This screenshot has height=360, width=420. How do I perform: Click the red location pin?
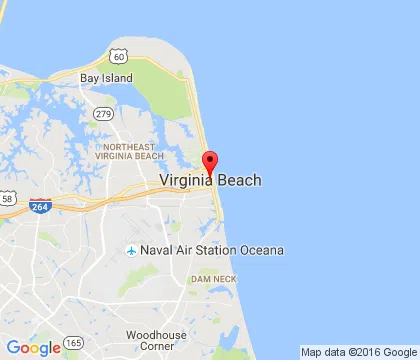point(210,163)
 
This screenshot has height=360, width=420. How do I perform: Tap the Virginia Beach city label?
point(210,181)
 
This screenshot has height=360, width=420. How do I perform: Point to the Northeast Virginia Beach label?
point(129,151)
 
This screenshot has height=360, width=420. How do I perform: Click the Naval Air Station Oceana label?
point(212,250)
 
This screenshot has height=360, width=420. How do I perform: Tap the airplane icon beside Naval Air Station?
point(131,250)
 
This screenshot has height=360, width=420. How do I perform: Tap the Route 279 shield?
point(103,113)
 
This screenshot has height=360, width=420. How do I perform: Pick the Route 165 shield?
point(74,343)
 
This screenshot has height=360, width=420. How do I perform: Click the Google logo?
point(33,348)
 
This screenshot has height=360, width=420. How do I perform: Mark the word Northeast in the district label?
point(129,146)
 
